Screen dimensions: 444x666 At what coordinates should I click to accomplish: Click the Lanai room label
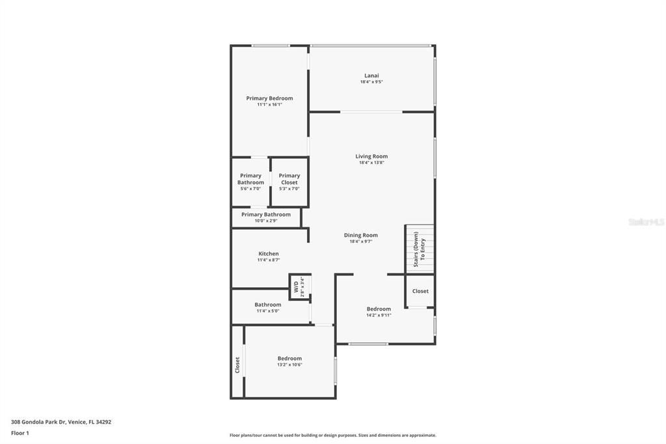[371, 76]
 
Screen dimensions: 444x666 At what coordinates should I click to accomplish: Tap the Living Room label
[371, 156]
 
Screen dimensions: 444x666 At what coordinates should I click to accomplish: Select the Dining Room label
[360, 235]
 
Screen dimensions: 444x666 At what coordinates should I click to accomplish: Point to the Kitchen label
[269, 254]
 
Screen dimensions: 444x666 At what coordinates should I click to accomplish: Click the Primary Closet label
[289, 178]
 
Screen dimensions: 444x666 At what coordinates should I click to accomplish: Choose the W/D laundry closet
[299, 287]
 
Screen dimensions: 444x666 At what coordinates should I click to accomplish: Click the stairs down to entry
[420, 249]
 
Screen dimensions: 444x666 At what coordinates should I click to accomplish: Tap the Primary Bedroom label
[269, 98]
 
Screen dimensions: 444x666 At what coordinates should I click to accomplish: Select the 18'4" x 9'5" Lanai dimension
[371, 82]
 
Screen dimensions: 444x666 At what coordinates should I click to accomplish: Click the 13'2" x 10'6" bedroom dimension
[289, 365]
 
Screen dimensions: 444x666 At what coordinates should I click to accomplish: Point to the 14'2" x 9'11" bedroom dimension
[379, 315]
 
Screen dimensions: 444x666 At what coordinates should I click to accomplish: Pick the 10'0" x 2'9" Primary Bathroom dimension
[266, 221]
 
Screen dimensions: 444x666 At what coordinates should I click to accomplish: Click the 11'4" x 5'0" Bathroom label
[268, 305]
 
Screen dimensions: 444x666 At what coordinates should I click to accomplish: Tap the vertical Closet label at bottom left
[237, 365]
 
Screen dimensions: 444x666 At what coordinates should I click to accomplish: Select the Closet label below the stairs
[420, 291]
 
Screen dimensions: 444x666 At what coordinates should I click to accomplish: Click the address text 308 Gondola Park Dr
[61, 422]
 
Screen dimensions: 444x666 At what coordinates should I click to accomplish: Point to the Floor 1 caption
[20, 433]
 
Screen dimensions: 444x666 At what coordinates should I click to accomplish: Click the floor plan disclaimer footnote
[332, 436]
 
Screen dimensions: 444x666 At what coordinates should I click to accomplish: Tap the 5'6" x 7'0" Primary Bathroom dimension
[250, 189]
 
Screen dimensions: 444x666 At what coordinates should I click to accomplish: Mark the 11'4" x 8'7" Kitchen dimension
[269, 260]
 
